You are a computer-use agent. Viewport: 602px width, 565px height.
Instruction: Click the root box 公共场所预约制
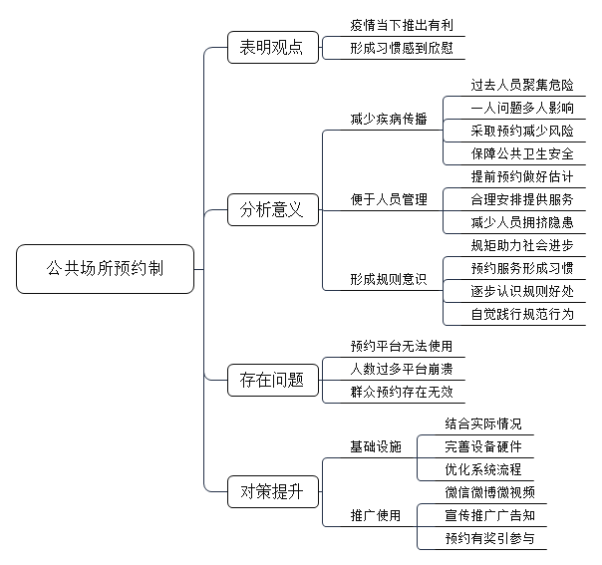click(x=106, y=269)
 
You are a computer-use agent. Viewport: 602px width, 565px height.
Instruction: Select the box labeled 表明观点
click(x=273, y=47)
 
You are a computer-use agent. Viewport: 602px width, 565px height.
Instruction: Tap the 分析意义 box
click(x=273, y=209)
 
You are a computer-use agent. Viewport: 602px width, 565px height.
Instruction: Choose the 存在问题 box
click(x=273, y=380)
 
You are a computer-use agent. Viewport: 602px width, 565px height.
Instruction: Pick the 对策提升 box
click(x=273, y=491)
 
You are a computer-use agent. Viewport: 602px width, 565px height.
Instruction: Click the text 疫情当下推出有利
click(x=402, y=25)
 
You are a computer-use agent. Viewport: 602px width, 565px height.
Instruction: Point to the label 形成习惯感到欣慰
click(x=402, y=49)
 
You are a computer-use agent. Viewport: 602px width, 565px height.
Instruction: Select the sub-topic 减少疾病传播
click(x=389, y=119)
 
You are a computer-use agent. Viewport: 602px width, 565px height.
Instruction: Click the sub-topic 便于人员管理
click(x=389, y=199)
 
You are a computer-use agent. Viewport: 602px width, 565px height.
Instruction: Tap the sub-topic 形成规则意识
click(x=389, y=279)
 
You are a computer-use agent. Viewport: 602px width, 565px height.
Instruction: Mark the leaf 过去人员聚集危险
click(x=522, y=85)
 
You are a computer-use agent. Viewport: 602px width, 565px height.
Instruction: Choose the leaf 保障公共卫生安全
click(x=522, y=153)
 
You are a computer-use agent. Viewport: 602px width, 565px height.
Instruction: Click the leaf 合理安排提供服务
click(x=522, y=199)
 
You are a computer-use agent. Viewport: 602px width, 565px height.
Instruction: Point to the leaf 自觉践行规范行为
click(x=522, y=314)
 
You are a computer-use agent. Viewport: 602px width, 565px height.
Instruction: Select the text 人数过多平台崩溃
click(x=402, y=370)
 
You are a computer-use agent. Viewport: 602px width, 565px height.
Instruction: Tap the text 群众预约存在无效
click(x=402, y=393)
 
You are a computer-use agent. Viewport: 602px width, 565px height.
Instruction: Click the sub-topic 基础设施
click(x=376, y=446)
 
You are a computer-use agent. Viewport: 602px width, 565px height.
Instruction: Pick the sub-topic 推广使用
click(x=376, y=515)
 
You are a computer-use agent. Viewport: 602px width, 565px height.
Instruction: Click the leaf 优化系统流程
click(x=483, y=469)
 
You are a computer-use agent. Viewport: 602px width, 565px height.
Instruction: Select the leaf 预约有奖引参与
click(x=490, y=538)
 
